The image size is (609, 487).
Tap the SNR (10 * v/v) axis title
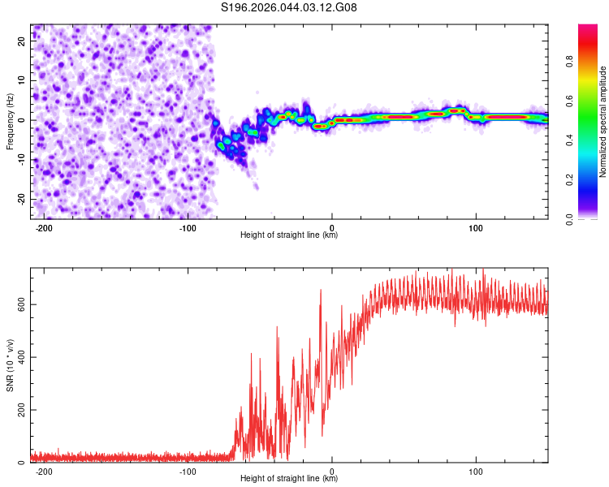pyautogui.click(x=10, y=365)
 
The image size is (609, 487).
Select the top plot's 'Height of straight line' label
pyautogui.click(x=289, y=235)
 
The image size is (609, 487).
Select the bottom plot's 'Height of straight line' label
pyautogui.click(x=289, y=478)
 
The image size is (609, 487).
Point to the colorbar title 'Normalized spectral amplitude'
pyautogui.click(x=603, y=122)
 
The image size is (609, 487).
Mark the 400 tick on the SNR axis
pyautogui.click(x=19, y=357)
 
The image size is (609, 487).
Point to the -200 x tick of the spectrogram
pyautogui.click(x=44, y=227)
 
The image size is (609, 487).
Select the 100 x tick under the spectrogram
pyautogui.click(x=476, y=227)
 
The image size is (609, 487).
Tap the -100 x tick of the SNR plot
pyautogui.click(x=188, y=471)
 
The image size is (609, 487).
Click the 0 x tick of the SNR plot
pyautogui.click(x=332, y=471)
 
